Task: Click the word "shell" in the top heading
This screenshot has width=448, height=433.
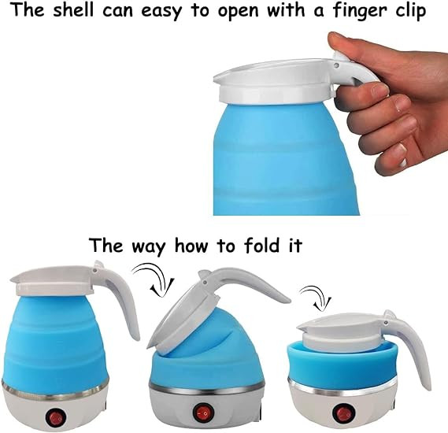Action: (x=72, y=13)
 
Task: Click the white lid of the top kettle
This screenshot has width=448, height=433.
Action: (x=268, y=83)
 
